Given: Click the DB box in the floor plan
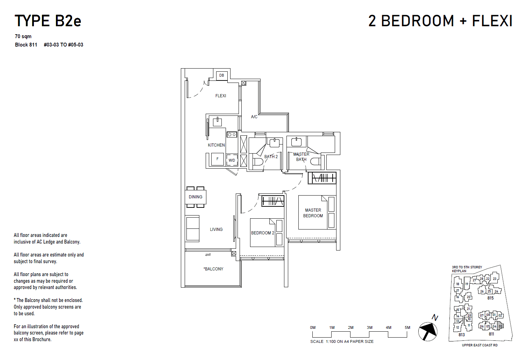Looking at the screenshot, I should pyautogui.click(x=222, y=76).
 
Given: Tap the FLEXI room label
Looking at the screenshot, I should pyautogui.click(x=221, y=96).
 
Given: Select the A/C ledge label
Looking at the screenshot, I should pyautogui.click(x=254, y=117).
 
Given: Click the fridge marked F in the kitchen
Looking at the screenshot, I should pyautogui.click(x=218, y=159).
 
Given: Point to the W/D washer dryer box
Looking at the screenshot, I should pyautogui.click(x=232, y=160).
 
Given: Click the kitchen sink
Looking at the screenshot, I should pyautogui.click(x=218, y=122).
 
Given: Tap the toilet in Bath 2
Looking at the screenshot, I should pyautogui.click(x=258, y=162).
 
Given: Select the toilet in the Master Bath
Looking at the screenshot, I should pyautogui.click(x=315, y=161).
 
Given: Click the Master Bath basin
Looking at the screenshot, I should pyautogui.click(x=297, y=142).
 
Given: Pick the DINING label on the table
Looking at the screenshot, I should pyautogui.click(x=196, y=197).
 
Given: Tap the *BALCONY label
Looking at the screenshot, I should pyautogui.click(x=213, y=269).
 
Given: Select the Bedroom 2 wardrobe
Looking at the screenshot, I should pyautogui.click(x=273, y=201).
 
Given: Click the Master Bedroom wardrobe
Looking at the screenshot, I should pyautogui.click(x=322, y=178).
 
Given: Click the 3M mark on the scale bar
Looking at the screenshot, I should pyautogui.click(x=370, y=328).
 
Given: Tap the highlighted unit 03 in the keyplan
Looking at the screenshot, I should pyautogui.click(x=501, y=326).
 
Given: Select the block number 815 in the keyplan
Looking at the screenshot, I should pyautogui.click(x=490, y=298).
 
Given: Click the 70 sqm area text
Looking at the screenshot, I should pyautogui.click(x=23, y=36).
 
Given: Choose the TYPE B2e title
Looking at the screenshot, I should pyautogui.click(x=48, y=21).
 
